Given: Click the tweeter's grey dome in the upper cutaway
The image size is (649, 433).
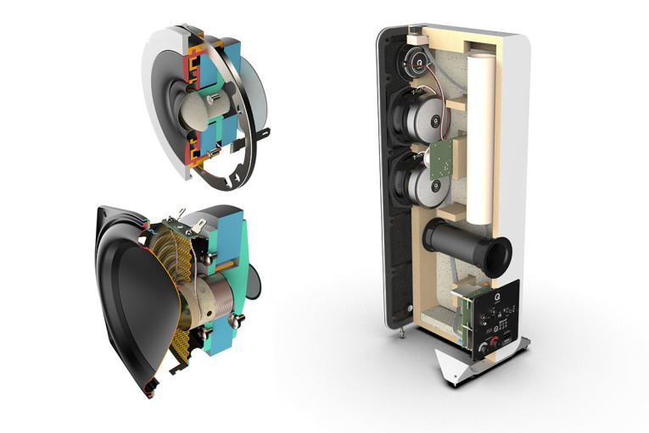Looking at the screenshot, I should pyautogui.click(x=204, y=111).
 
